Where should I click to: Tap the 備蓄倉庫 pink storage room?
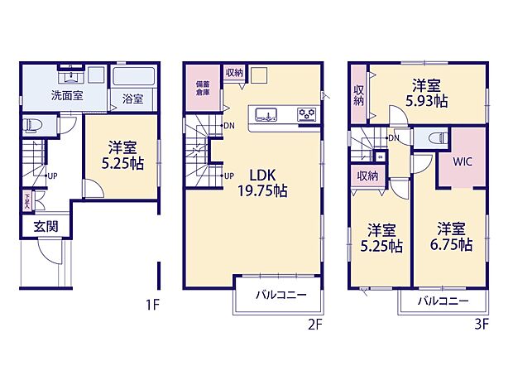pyautogui.click(x=202, y=89)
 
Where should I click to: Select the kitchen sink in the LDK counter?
pyautogui.click(x=268, y=114)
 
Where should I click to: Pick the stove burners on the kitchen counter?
pyautogui.click(x=306, y=114)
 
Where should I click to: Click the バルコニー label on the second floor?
pyautogui.click(x=280, y=295)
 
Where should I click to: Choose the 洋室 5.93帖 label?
pyautogui.click(x=426, y=93)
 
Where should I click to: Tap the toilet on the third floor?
pyautogui.click(x=439, y=137)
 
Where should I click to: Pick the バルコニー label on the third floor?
pyautogui.click(x=443, y=301)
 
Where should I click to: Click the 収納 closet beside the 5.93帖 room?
pyautogui.click(x=360, y=95)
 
